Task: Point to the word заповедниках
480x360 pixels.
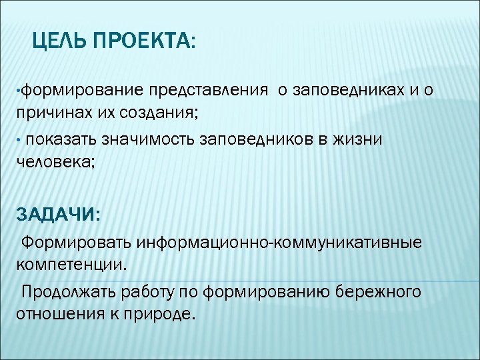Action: (x=345, y=90)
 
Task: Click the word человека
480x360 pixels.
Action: (x=53, y=160)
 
